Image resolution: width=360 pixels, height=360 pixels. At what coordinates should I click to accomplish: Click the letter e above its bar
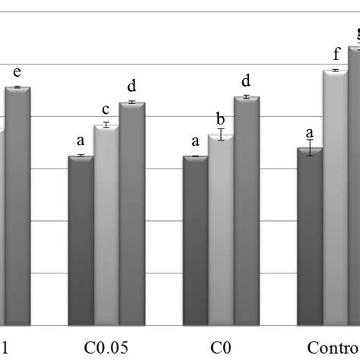coord(17,73)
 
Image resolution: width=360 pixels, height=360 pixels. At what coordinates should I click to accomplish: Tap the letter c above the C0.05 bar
coord(106,109)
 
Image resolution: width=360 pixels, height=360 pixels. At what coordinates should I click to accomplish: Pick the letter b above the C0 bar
coord(221,118)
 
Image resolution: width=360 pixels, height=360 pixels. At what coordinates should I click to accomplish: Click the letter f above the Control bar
coord(335,55)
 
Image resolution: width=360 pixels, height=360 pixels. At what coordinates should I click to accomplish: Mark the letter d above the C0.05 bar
coord(132,87)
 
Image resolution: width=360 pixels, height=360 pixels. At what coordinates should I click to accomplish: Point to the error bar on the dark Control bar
coord(310,149)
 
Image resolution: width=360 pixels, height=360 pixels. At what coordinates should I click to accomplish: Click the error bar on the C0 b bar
coord(221,134)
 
